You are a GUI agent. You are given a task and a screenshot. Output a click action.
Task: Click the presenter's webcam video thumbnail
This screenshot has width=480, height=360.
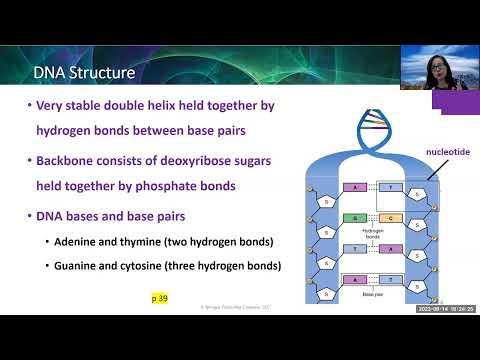[439, 67]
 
